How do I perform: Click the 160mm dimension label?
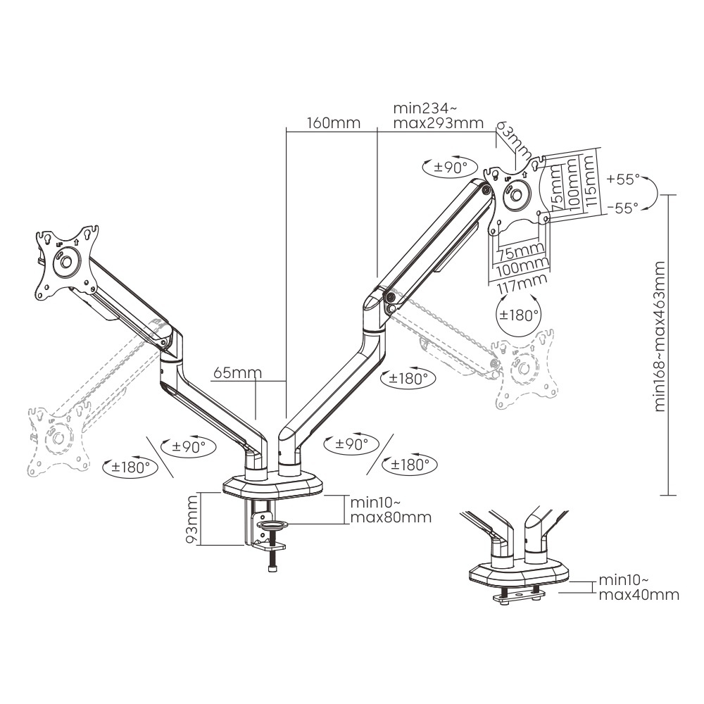[333, 123]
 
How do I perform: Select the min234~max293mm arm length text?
[438, 116]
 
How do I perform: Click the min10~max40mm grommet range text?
[639, 588]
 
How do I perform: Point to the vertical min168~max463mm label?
[660, 336]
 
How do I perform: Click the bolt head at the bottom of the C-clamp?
[272, 568]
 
